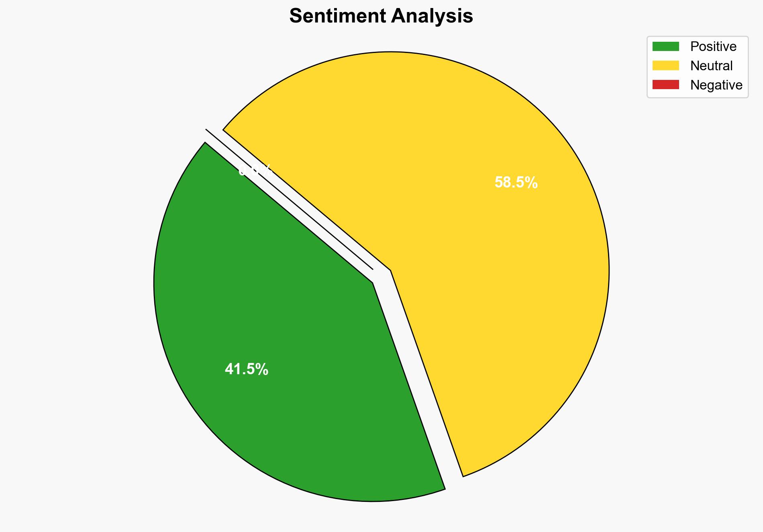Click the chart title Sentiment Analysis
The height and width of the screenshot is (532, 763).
381,16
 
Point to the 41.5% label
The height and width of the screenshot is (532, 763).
247,369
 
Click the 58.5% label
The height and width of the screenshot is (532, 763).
516,183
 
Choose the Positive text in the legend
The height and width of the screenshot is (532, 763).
713,47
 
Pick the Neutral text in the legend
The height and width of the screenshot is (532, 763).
711,66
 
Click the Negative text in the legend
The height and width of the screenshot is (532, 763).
716,85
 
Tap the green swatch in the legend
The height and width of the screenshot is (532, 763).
665,47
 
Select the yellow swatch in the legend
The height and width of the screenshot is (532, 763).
665,65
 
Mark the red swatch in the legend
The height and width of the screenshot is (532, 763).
665,85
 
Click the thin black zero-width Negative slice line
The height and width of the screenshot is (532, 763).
289,199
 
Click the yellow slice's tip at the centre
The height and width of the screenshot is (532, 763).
390,271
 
